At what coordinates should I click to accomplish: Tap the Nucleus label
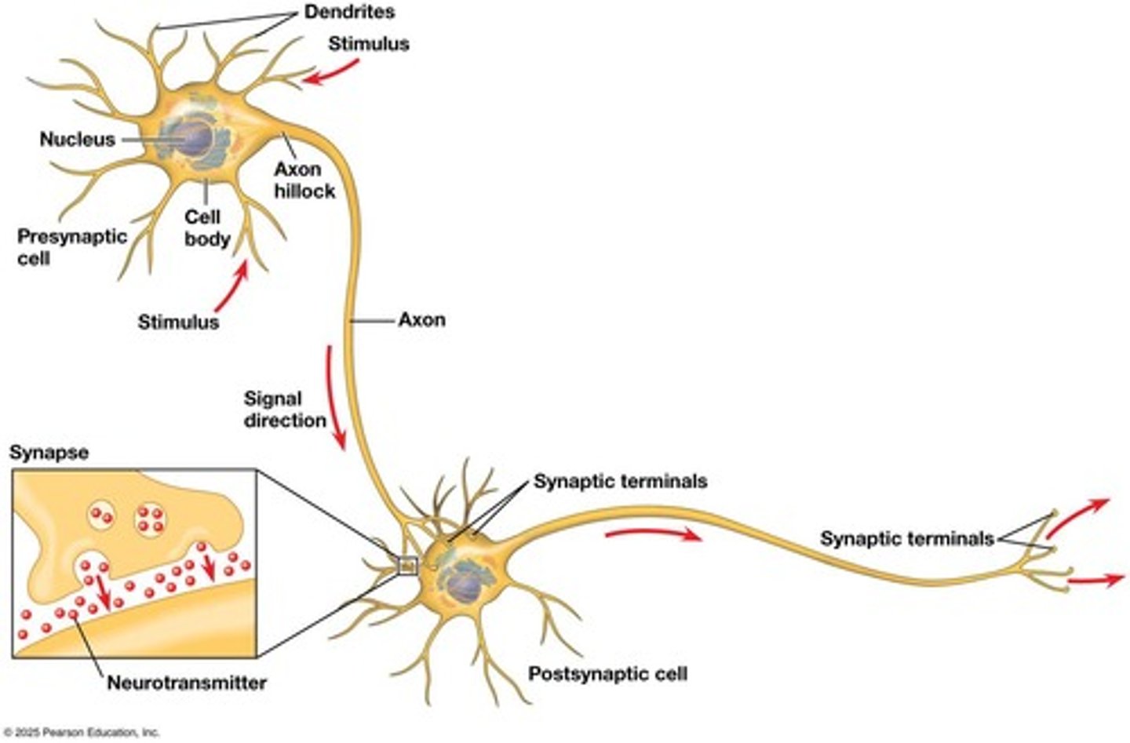[x=77, y=140]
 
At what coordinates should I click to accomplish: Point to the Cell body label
[x=206, y=228]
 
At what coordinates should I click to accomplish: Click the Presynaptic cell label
[x=71, y=247]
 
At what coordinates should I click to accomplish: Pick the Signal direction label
[x=284, y=410]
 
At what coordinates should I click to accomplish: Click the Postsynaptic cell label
[x=607, y=674]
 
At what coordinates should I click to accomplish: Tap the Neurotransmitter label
[x=186, y=683]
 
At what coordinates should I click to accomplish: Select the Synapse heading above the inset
[x=49, y=453]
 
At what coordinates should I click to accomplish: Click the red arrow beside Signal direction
[x=335, y=399]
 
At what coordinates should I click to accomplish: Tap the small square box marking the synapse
[x=407, y=565]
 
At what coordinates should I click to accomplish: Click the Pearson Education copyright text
[x=80, y=732]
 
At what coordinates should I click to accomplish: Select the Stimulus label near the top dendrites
[x=368, y=44]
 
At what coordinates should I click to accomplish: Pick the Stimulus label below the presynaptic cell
[x=178, y=322]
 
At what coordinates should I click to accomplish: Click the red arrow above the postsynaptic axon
[x=653, y=534]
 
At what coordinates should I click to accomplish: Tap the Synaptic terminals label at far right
[x=906, y=539]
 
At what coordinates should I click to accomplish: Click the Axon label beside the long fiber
[x=421, y=320]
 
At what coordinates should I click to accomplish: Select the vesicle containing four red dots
[x=150, y=519]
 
